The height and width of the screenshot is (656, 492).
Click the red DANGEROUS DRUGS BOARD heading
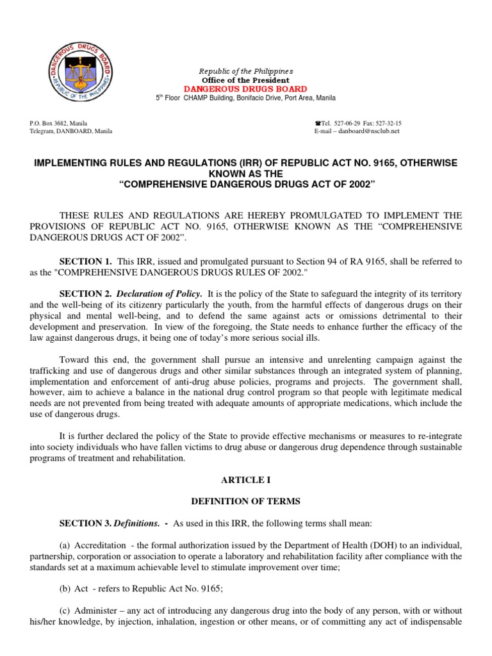pyautogui.click(x=245, y=88)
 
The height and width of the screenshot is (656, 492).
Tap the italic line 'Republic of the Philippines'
pyautogui.click(x=245, y=70)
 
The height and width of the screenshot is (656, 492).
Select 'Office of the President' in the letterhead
pyautogui.click(x=245, y=79)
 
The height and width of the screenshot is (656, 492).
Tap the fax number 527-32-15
pyautogui.click(x=387, y=122)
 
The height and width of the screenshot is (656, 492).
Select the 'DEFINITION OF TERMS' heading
pyautogui.click(x=245, y=502)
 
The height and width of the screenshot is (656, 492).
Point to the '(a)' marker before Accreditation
pyautogui.click(x=64, y=545)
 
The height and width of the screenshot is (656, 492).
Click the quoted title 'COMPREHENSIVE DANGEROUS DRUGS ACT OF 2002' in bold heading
pyautogui.click(x=246, y=185)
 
